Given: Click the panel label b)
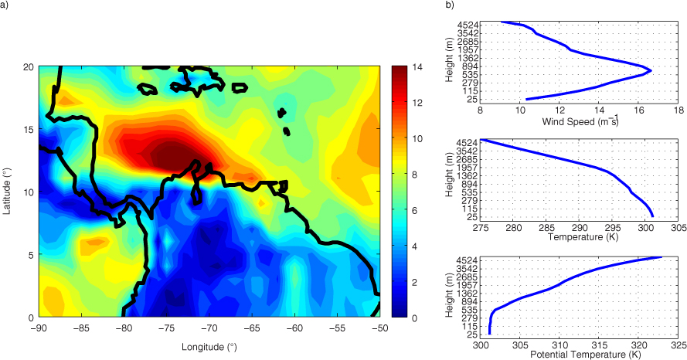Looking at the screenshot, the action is tap(449, 5).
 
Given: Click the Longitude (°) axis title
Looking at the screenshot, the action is tap(209, 348).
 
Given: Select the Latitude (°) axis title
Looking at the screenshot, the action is tap(7, 192).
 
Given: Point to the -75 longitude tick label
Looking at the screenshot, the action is tap(167, 328).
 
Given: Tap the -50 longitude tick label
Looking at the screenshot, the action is tap(380, 328).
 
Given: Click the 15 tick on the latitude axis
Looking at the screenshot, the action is tap(31, 129).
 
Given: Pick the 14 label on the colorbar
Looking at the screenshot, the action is tap(417, 67).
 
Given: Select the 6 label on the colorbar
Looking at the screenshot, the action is tap(414, 211).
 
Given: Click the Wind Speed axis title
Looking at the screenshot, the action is tap(580, 121).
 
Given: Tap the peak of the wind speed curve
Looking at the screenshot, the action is tap(651, 70).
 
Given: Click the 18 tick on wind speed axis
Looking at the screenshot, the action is tap(678, 110).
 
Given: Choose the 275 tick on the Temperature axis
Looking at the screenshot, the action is tap(481, 228).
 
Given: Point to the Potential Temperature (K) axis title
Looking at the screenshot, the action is tap(580, 355).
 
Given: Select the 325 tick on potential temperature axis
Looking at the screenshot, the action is tap(678, 345).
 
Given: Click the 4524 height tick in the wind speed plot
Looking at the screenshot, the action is tap(466, 25).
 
